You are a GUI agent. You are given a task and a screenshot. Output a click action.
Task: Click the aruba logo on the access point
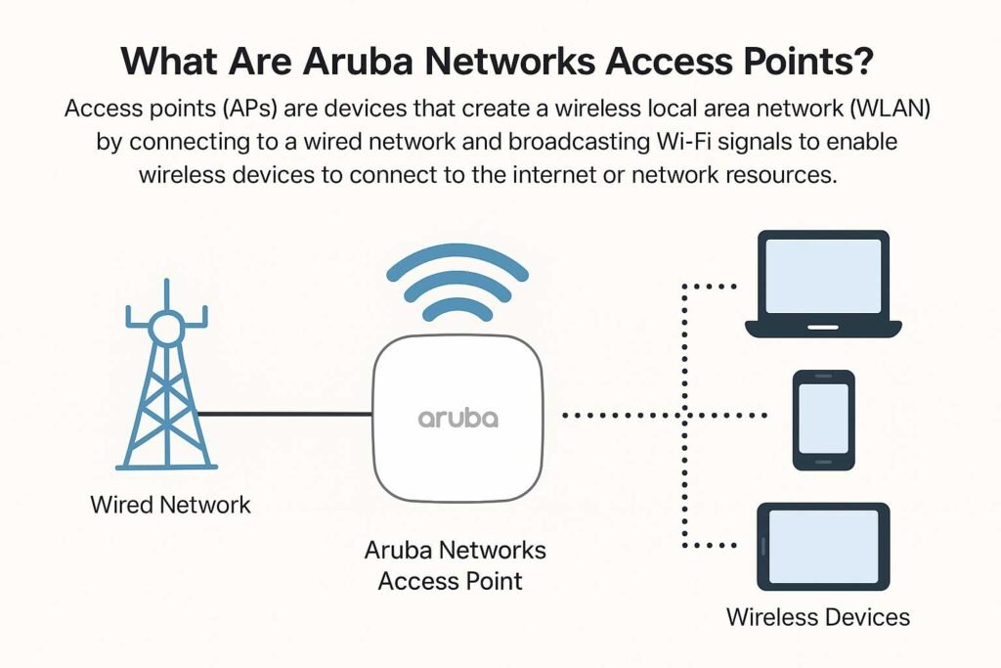point(457,418)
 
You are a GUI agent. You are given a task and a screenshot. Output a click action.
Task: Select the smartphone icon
point(822,420)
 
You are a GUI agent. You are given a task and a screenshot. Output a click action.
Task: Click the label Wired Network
point(170,505)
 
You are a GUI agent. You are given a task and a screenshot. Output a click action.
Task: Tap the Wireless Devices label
point(817,617)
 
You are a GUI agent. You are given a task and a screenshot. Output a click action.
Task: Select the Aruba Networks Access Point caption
point(455,564)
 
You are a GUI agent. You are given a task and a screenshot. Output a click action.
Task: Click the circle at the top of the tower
point(167,326)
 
